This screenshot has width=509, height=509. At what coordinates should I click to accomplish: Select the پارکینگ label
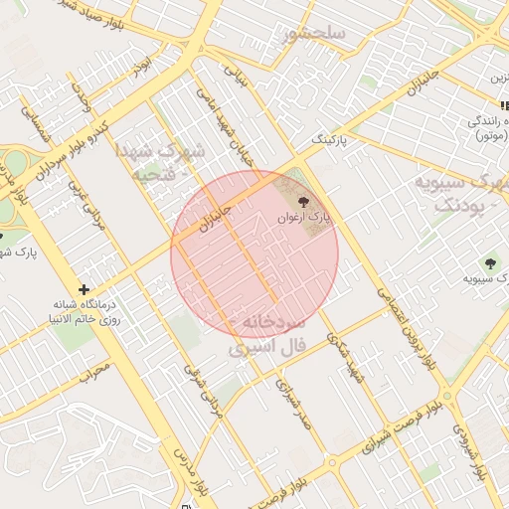pyautogui.click(x=330, y=141)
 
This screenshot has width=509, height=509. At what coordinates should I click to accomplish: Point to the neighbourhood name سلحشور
pyautogui.click(x=314, y=34)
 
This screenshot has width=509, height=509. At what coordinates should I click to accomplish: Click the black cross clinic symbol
pyautogui.click(x=84, y=289)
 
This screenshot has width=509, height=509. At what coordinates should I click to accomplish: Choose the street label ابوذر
pyautogui.click(x=145, y=64)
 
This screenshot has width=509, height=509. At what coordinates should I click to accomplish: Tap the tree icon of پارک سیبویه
pyautogui.click(x=489, y=262)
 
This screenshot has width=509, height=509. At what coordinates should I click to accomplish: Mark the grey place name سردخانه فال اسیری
pyautogui.click(x=271, y=336)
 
